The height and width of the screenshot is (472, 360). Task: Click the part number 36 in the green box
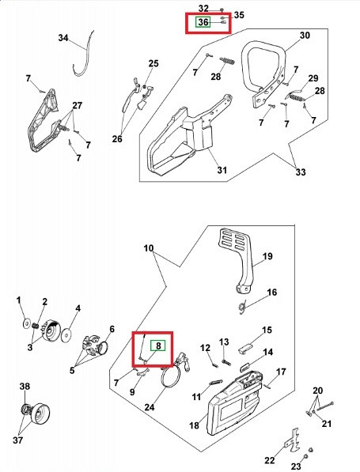[203, 22]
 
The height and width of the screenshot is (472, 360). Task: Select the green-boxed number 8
[158, 346]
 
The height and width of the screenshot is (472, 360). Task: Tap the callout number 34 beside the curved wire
[63, 38]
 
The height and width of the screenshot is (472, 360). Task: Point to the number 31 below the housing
[222, 170]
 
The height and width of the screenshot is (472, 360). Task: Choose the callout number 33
[301, 172]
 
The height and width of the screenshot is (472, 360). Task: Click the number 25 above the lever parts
[153, 63]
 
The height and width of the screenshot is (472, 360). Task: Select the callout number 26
[117, 139]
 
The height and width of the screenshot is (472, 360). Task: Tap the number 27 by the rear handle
[77, 106]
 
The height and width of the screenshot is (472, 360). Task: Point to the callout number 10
[149, 248]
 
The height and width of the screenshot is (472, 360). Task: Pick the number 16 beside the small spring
[272, 292]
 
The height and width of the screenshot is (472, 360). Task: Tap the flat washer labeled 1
[27, 324]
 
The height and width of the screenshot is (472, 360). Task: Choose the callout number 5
[72, 370]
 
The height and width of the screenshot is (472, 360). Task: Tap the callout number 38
[25, 386]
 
